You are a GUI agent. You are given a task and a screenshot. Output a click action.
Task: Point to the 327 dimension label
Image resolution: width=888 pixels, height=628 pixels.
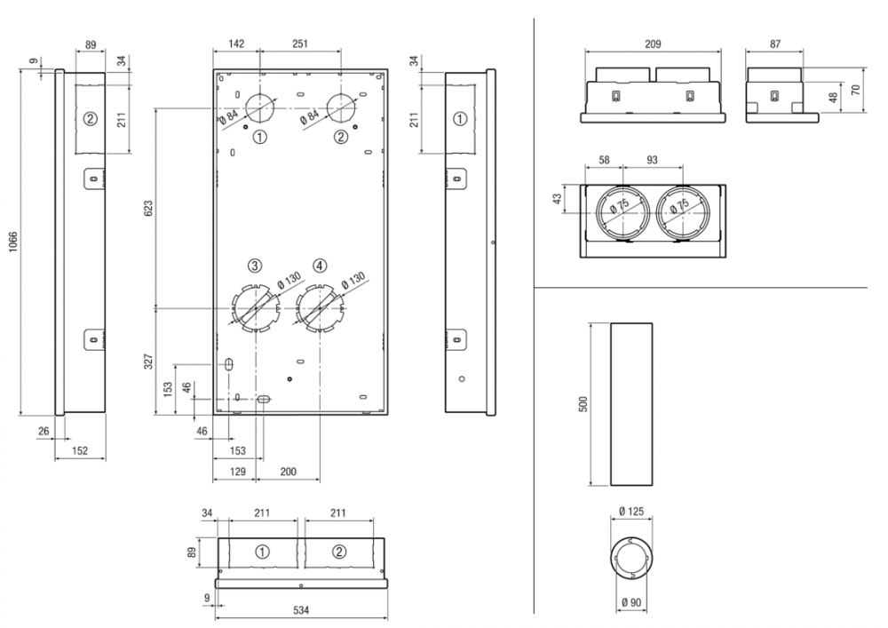[149, 361]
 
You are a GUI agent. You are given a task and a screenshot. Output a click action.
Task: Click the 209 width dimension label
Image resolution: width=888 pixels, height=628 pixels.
[653, 42]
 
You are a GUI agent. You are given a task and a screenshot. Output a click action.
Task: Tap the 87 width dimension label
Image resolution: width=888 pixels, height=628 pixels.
[775, 42]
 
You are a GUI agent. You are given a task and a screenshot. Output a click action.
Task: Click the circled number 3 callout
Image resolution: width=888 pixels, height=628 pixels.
[255, 265]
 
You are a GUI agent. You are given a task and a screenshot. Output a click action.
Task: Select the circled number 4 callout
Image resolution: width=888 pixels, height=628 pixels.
[320, 265]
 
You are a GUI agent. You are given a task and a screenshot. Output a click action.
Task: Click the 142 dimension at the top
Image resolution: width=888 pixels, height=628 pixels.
[236, 43]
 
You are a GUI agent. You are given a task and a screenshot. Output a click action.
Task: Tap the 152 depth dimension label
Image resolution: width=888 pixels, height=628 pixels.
[79, 450]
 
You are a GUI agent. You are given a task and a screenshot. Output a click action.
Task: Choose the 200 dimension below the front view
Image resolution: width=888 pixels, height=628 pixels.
[288, 472]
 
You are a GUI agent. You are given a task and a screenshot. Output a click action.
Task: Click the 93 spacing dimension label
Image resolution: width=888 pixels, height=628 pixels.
[653, 159]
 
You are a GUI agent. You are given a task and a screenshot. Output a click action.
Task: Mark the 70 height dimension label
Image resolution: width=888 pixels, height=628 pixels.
[856, 90]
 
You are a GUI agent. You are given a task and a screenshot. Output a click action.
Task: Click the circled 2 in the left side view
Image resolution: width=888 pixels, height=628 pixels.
[90, 119]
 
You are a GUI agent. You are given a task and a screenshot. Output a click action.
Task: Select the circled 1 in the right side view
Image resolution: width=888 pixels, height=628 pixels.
[459, 119]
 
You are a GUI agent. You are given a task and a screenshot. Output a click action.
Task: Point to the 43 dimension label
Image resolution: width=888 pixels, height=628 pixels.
[558, 200]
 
